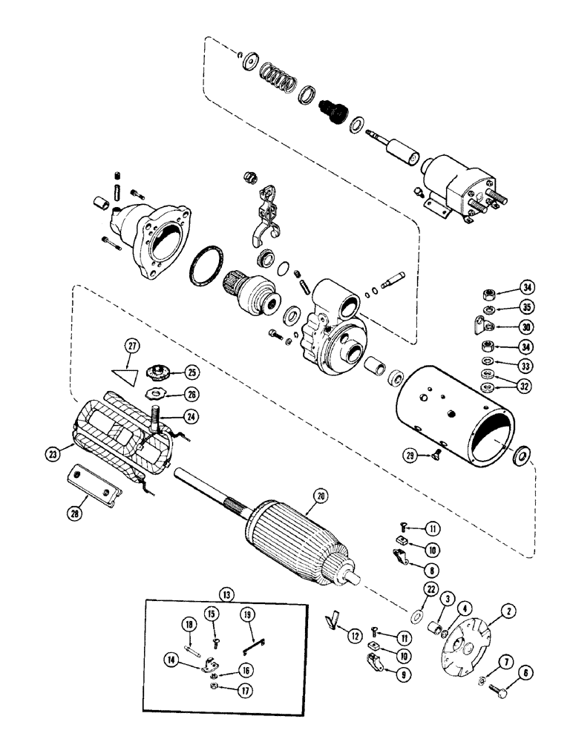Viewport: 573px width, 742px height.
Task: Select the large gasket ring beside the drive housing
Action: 207,265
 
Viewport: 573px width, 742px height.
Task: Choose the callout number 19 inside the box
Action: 247,615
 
